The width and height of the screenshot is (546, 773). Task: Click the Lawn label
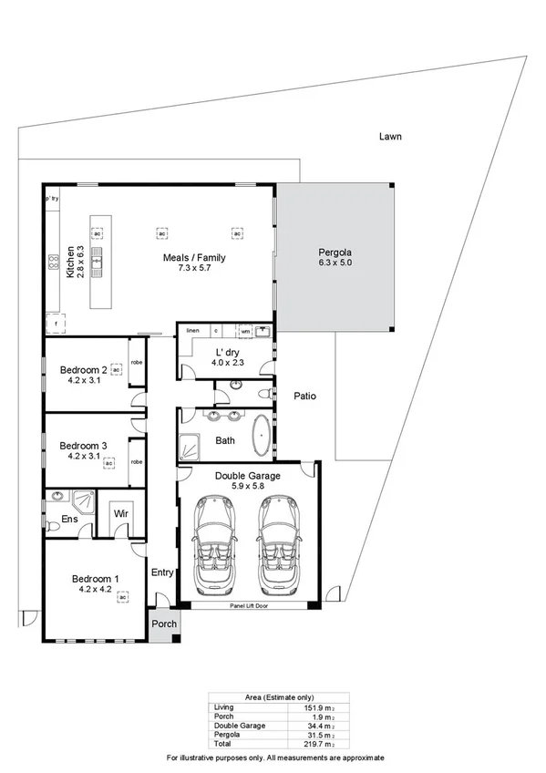[x=390, y=137]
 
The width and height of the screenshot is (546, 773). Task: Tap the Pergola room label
[x=335, y=253]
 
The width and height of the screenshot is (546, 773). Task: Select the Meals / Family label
[x=194, y=258]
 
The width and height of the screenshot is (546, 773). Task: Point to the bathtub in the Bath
[x=261, y=438]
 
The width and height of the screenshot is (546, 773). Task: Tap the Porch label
[x=164, y=624]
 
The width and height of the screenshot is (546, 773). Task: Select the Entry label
[x=162, y=572]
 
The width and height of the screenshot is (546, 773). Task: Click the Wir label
[x=120, y=514]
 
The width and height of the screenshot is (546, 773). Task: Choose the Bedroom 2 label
[x=84, y=370]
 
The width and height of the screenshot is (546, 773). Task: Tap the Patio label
[x=305, y=397]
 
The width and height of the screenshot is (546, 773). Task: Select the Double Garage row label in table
[x=241, y=726]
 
